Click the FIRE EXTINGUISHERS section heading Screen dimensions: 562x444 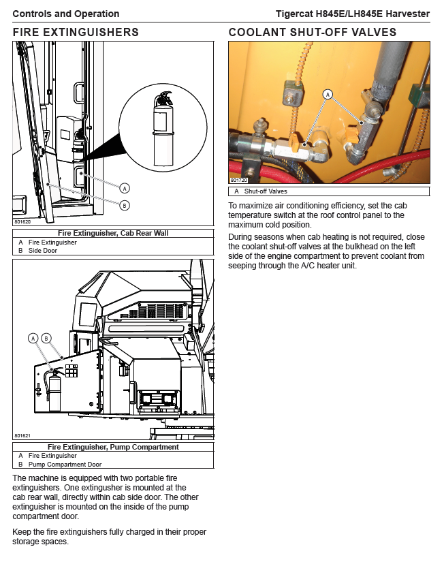(76, 32)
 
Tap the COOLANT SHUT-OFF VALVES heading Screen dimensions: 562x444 (313, 32)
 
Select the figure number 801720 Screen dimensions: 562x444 (238, 181)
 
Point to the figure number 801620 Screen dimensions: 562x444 (22, 221)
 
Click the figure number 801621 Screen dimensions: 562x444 (22, 435)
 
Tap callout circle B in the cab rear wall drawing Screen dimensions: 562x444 (125, 205)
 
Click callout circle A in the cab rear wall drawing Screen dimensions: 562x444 (125, 187)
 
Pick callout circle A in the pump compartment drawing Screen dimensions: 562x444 (33, 338)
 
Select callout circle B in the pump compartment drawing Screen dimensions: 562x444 (46, 338)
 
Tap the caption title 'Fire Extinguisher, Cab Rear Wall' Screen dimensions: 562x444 (113, 233)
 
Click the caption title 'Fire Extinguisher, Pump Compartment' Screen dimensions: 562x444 (113, 447)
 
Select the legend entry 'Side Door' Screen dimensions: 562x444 (43, 250)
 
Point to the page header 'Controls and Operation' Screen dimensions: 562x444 (66, 14)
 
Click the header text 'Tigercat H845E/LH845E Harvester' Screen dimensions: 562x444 (353, 14)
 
